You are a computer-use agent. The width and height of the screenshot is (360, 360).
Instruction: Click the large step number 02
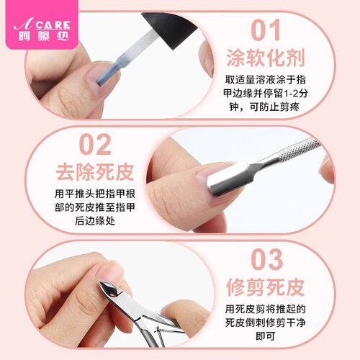pyautogui.click(x=84, y=144)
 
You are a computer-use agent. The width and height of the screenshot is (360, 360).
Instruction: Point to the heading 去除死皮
pyautogui.click(x=84, y=173)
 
